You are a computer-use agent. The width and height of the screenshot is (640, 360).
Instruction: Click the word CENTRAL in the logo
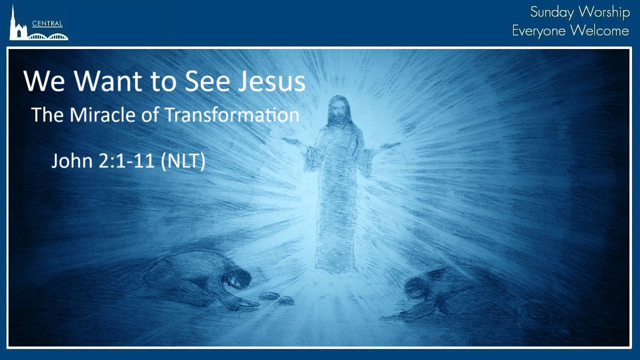[47, 23]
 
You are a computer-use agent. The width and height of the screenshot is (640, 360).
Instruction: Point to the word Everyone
[538, 31]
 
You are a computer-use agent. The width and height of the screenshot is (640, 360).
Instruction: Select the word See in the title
[207, 81]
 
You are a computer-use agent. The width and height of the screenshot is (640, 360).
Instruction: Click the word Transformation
[232, 115]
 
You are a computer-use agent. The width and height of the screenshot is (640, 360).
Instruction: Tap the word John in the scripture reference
[72, 160]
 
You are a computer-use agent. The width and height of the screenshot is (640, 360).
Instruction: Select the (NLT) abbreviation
[183, 161]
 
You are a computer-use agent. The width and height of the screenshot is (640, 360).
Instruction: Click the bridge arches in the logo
[48, 37]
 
